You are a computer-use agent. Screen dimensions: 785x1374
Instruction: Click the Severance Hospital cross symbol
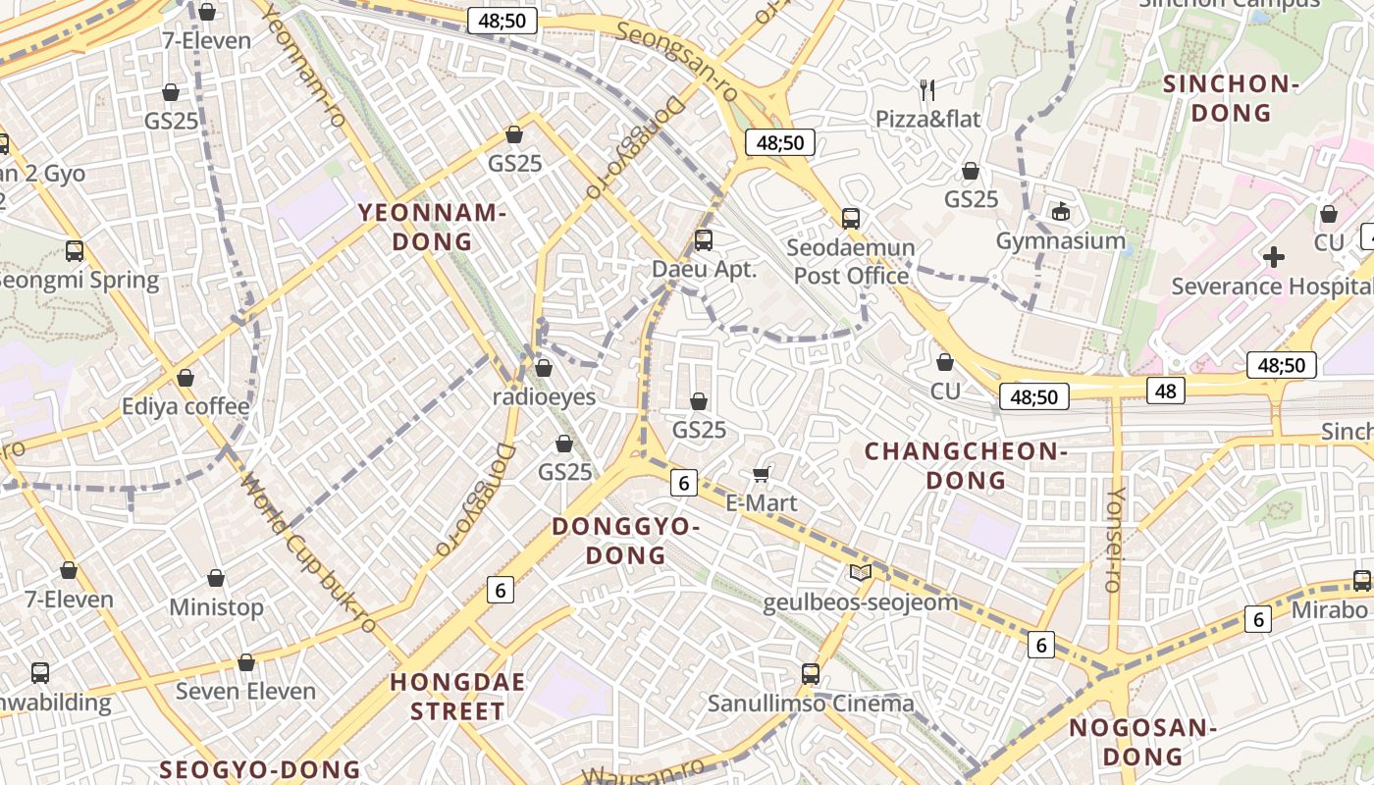(1274, 258)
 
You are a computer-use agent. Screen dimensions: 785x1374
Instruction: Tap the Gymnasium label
(1060, 240)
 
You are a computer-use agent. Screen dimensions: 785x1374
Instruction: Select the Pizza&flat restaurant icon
(927, 90)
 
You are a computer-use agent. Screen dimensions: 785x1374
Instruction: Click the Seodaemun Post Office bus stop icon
(850, 219)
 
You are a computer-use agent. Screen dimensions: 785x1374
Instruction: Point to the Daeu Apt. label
(705, 269)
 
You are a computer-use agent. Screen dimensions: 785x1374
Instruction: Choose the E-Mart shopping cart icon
(761, 475)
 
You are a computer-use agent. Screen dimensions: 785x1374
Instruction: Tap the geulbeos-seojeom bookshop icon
(860, 573)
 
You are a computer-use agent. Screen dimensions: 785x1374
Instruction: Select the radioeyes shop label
(545, 396)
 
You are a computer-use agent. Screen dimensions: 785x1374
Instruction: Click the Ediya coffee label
(185, 406)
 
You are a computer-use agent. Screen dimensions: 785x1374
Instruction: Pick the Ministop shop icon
(216, 579)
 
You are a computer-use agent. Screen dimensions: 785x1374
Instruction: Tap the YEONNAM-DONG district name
(432, 227)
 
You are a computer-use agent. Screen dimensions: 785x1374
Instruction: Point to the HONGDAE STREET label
(457, 697)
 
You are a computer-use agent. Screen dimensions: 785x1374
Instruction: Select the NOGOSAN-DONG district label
(1142, 743)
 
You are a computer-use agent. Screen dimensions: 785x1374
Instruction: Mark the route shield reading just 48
(1165, 391)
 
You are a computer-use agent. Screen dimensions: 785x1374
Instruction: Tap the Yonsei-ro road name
(1114, 540)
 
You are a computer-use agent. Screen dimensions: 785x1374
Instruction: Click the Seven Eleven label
(245, 691)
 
